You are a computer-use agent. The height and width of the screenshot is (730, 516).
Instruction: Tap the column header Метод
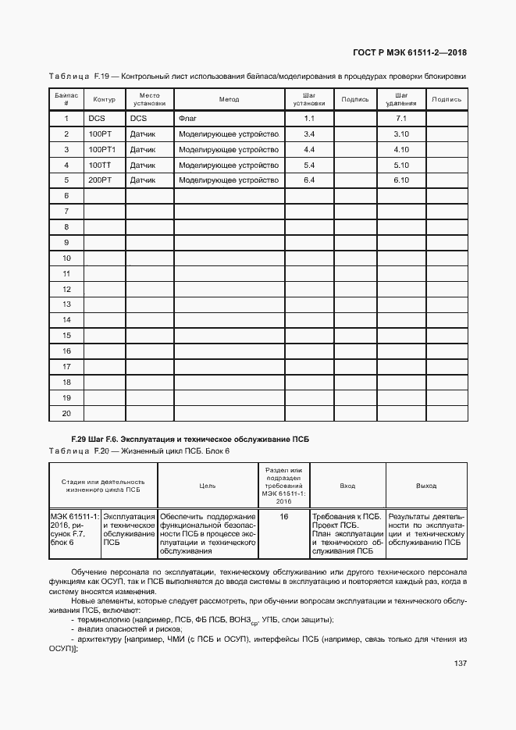click(229, 100)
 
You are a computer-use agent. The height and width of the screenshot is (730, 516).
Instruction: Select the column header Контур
click(104, 100)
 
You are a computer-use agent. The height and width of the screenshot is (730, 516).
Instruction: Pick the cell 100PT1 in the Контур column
click(102, 150)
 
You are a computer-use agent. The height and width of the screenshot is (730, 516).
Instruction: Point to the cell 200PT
click(100, 180)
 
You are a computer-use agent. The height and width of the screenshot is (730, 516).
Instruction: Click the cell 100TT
click(100, 166)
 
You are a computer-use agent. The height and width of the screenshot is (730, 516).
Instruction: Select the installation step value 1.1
click(308, 119)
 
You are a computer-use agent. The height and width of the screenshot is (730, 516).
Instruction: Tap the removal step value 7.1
click(402, 119)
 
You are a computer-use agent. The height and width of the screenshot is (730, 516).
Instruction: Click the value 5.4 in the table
click(308, 166)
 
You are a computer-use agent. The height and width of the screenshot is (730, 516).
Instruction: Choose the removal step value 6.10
click(402, 180)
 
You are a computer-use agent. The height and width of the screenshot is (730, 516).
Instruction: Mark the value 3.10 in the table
click(402, 134)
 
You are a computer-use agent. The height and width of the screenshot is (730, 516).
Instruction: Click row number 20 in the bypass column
click(66, 413)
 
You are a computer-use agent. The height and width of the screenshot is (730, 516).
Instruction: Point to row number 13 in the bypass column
click(66, 304)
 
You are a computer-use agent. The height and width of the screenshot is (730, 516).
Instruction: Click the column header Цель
click(208, 486)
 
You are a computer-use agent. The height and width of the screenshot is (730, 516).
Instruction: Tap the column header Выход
click(426, 486)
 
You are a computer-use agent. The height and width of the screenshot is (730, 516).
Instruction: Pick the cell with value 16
click(283, 517)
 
